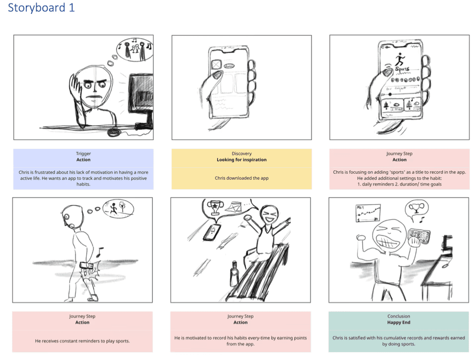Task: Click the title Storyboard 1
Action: [41, 7]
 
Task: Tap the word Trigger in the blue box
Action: [83, 153]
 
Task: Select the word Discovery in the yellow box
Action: [241, 153]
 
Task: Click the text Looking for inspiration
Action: [241, 159]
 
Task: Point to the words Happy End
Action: [398, 322]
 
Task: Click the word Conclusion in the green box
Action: [398, 316]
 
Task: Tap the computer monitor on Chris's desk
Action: [141, 97]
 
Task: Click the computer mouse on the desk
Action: [114, 133]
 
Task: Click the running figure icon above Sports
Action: [400, 59]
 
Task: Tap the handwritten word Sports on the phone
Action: [402, 70]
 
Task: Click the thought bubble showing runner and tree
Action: [118, 209]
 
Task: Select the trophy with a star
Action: [215, 207]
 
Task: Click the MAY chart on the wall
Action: [368, 213]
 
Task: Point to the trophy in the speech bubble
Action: [416, 208]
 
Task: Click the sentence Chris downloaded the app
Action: [241, 178]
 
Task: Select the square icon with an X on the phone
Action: [216, 64]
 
